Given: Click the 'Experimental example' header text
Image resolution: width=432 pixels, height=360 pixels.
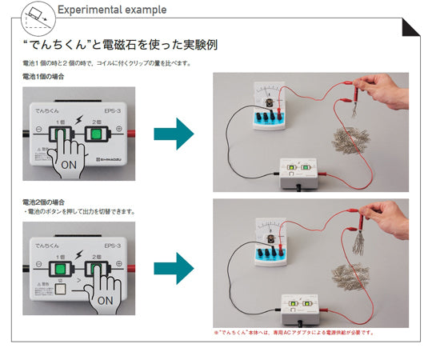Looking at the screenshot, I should (x=111, y=10).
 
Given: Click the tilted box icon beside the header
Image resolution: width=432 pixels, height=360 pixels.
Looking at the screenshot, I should (x=37, y=12).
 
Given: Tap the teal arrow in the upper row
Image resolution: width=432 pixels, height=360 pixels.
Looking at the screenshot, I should (x=174, y=133).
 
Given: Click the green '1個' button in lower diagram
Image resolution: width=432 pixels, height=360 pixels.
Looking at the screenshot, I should (x=61, y=265).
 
